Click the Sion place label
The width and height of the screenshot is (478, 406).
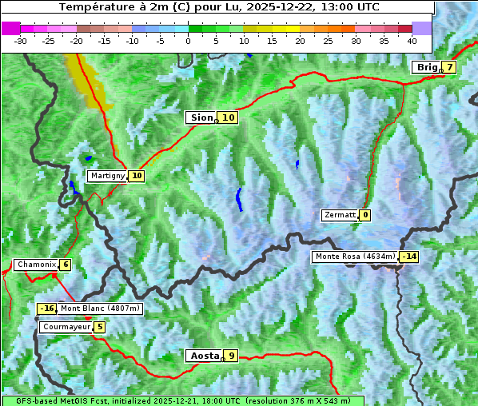pyautogui.click(x=201, y=117)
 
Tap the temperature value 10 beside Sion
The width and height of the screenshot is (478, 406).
pyautogui.click(x=229, y=117)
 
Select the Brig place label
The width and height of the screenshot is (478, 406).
pyautogui.click(x=427, y=67)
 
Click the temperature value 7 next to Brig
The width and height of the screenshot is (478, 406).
pyautogui.click(x=450, y=67)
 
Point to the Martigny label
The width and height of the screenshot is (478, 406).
pyautogui.click(x=107, y=176)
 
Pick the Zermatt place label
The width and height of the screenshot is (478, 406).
pyautogui.click(x=340, y=215)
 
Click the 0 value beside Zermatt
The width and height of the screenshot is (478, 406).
pyautogui.click(x=365, y=215)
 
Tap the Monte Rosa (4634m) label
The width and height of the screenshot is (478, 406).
pyautogui.click(x=355, y=257)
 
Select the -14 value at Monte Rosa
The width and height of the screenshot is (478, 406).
pyautogui.click(x=409, y=257)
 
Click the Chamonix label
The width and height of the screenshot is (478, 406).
pyautogui.click(x=35, y=265)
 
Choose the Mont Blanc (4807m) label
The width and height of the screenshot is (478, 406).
pyautogui.click(x=100, y=308)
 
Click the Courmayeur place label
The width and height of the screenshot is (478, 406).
pyautogui.click(x=66, y=327)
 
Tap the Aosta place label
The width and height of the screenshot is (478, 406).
pyautogui.click(x=203, y=356)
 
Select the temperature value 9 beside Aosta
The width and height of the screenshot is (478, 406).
pyautogui.click(x=231, y=356)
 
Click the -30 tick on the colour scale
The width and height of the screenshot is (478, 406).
pyautogui.click(x=21, y=40)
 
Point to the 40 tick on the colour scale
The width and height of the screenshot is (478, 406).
pyautogui.click(x=412, y=40)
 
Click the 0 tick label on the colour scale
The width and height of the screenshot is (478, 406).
pyautogui.click(x=188, y=40)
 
